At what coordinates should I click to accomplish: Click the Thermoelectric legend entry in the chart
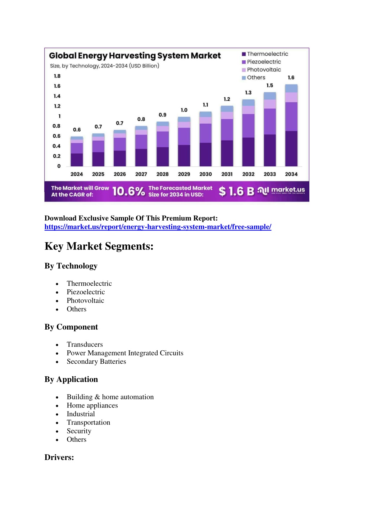click(x=265, y=54)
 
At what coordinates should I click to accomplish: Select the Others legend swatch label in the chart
click(x=254, y=78)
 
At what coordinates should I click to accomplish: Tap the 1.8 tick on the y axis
click(x=57, y=76)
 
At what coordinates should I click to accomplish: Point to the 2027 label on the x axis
click(x=141, y=174)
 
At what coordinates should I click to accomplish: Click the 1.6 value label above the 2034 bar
click(x=291, y=78)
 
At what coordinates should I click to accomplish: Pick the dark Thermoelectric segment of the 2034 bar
click(x=291, y=149)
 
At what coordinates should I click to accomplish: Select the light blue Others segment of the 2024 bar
click(x=77, y=138)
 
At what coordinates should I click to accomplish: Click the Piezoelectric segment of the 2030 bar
click(x=205, y=133)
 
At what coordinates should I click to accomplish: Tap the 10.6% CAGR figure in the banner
click(x=129, y=191)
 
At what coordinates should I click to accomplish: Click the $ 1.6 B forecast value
click(x=236, y=191)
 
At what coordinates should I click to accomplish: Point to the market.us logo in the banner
click(x=281, y=191)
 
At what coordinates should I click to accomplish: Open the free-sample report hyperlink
click(x=158, y=227)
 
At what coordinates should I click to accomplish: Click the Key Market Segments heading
click(x=99, y=246)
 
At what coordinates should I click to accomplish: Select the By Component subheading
click(x=71, y=327)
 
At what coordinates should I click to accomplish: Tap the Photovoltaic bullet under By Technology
click(x=85, y=301)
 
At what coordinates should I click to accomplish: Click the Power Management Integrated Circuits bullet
click(x=125, y=353)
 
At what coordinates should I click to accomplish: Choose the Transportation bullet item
click(x=88, y=423)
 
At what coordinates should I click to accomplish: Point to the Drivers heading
click(x=59, y=457)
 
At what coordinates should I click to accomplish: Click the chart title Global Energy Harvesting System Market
click(x=135, y=56)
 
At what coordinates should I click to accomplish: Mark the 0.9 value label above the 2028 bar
click(x=162, y=115)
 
